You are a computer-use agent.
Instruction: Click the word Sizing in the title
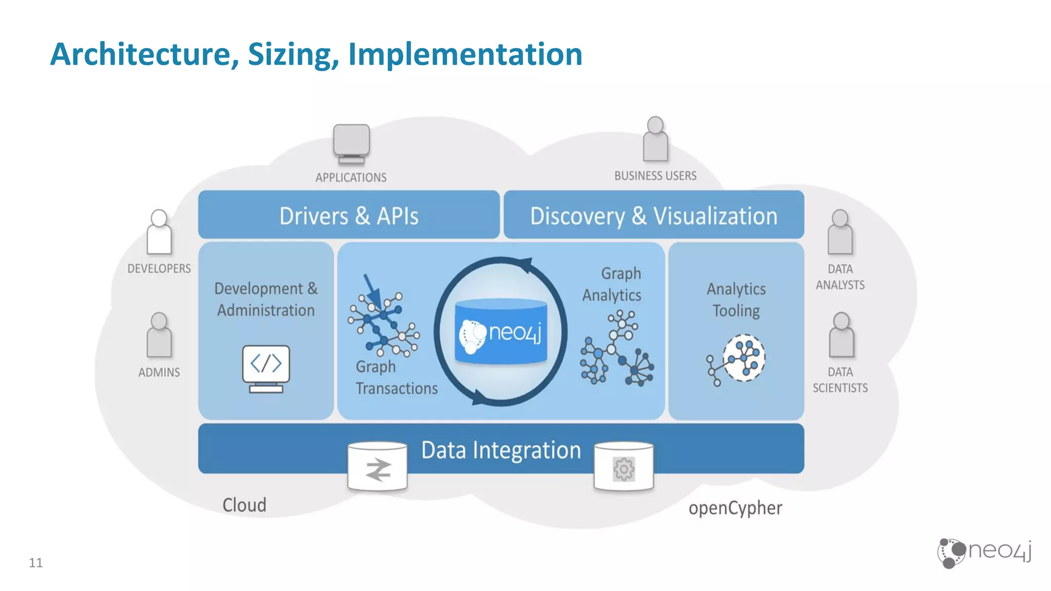point(293,54)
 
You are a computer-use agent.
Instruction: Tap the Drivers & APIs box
point(349,215)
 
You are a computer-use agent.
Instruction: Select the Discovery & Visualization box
point(654,215)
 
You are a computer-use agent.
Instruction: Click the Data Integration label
point(501,450)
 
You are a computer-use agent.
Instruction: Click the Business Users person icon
point(655,140)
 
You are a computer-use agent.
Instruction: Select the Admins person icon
point(159,336)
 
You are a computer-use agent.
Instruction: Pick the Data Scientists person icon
point(841,336)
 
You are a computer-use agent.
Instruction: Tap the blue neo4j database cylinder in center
point(501,332)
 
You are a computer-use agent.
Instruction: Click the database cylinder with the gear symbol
point(624,467)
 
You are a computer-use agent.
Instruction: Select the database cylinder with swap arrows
point(378,467)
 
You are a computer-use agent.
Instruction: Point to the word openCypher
point(735,508)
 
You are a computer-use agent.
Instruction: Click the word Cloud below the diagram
point(244,505)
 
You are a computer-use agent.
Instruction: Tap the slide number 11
point(36,563)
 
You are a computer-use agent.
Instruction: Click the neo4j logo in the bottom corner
point(984,553)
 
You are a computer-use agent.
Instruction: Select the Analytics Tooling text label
point(736,300)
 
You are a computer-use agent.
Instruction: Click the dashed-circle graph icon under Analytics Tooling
point(743,358)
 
